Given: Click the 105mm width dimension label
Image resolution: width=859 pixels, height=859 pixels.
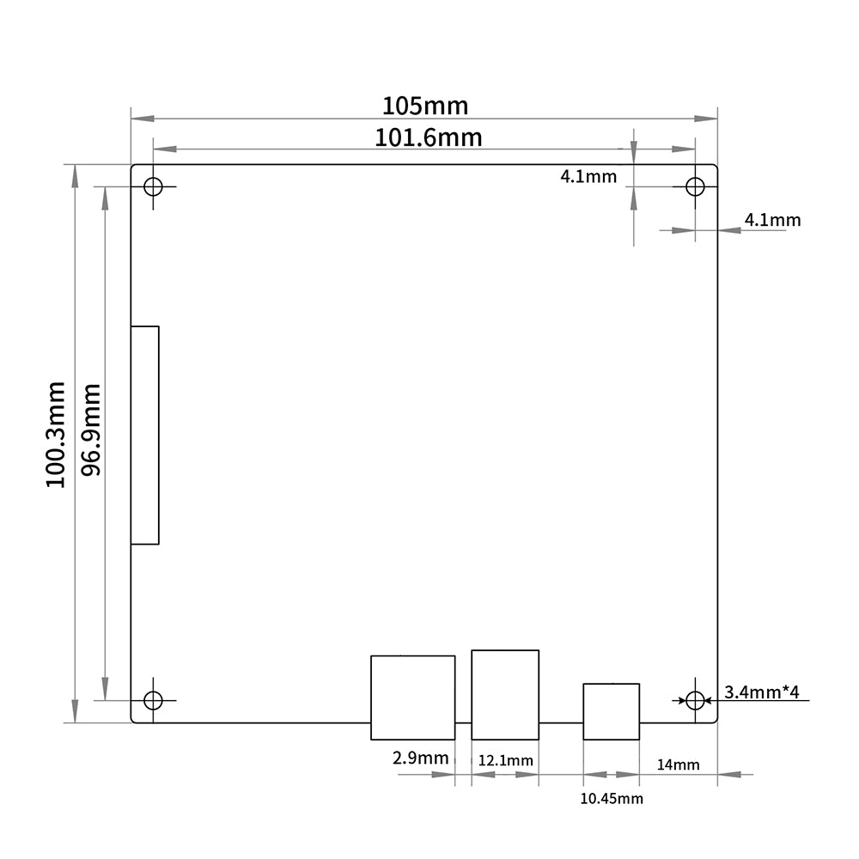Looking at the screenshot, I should click(x=425, y=106).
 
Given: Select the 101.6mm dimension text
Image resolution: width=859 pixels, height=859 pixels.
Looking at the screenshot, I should click(x=428, y=137).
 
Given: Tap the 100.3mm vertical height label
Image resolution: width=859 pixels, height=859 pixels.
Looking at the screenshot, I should click(x=57, y=435).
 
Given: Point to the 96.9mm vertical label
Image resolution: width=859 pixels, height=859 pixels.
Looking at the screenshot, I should click(x=91, y=429).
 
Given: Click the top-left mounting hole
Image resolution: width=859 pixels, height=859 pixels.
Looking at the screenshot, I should click(x=154, y=186).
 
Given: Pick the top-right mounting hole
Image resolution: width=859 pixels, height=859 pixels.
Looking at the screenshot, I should click(x=695, y=186).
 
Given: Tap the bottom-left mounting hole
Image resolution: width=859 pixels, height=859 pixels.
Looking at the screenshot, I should click(x=154, y=700).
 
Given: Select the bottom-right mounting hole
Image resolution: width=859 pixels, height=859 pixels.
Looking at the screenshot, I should click(x=695, y=700).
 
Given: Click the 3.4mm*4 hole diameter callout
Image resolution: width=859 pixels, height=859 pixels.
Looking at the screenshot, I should click(x=762, y=692).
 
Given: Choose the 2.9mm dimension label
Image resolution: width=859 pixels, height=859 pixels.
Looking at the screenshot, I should click(x=421, y=758).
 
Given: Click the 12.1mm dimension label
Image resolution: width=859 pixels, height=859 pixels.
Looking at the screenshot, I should click(x=505, y=760).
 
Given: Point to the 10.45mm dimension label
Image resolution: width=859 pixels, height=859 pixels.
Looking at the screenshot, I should click(x=611, y=799).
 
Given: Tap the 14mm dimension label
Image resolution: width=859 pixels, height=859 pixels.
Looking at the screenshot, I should click(x=678, y=764).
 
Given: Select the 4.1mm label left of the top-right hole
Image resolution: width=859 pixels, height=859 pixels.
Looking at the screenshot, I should click(x=588, y=177).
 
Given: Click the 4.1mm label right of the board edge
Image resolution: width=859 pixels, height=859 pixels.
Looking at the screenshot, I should click(x=772, y=220).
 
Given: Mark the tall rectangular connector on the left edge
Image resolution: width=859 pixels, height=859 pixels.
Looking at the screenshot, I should click(x=145, y=435).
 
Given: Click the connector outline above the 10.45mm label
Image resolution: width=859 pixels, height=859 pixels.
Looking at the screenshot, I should click(x=611, y=710).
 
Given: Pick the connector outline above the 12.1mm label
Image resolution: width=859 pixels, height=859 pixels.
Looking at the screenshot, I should click(x=505, y=694).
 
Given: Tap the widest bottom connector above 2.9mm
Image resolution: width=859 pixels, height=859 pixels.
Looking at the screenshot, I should click(x=412, y=698).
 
